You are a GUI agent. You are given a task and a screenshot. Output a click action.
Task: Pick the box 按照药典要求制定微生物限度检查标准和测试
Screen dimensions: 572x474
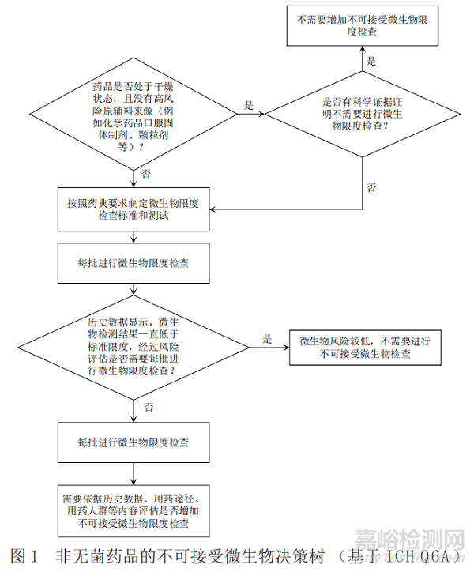click(134, 209)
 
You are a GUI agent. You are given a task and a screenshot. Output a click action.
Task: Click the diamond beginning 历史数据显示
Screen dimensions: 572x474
click(134, 346)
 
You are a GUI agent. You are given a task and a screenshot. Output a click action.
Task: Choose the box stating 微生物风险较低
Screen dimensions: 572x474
click(365, 348)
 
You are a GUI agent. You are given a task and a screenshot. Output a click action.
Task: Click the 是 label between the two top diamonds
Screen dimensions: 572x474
click(250, 105)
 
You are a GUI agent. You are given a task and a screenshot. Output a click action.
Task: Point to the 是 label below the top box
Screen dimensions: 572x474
click(371, 60)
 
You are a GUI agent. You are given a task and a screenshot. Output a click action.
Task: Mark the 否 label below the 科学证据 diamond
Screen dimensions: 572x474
click(371, 187)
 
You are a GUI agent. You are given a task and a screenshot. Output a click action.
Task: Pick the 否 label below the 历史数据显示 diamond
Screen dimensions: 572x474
click(149, 406)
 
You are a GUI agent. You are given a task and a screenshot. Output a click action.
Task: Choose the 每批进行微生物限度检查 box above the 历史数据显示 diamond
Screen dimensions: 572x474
click(134, 262)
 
